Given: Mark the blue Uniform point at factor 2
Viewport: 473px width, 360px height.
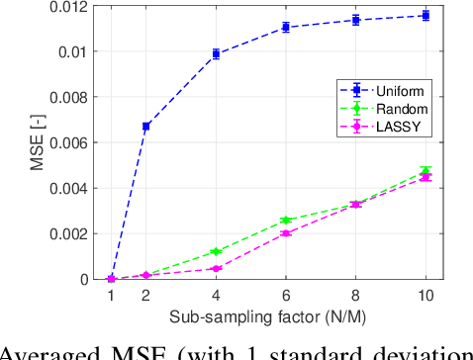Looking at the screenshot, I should pyautogui.click(x=146, y=127).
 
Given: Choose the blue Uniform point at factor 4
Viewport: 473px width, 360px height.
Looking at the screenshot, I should pyautogui.click(x=216, y=54).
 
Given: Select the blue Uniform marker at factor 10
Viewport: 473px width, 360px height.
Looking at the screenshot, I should pyautogui.click(x=426, y=16).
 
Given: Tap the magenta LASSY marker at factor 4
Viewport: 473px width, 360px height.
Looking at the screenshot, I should pyautogui.click(x=216, y=268).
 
